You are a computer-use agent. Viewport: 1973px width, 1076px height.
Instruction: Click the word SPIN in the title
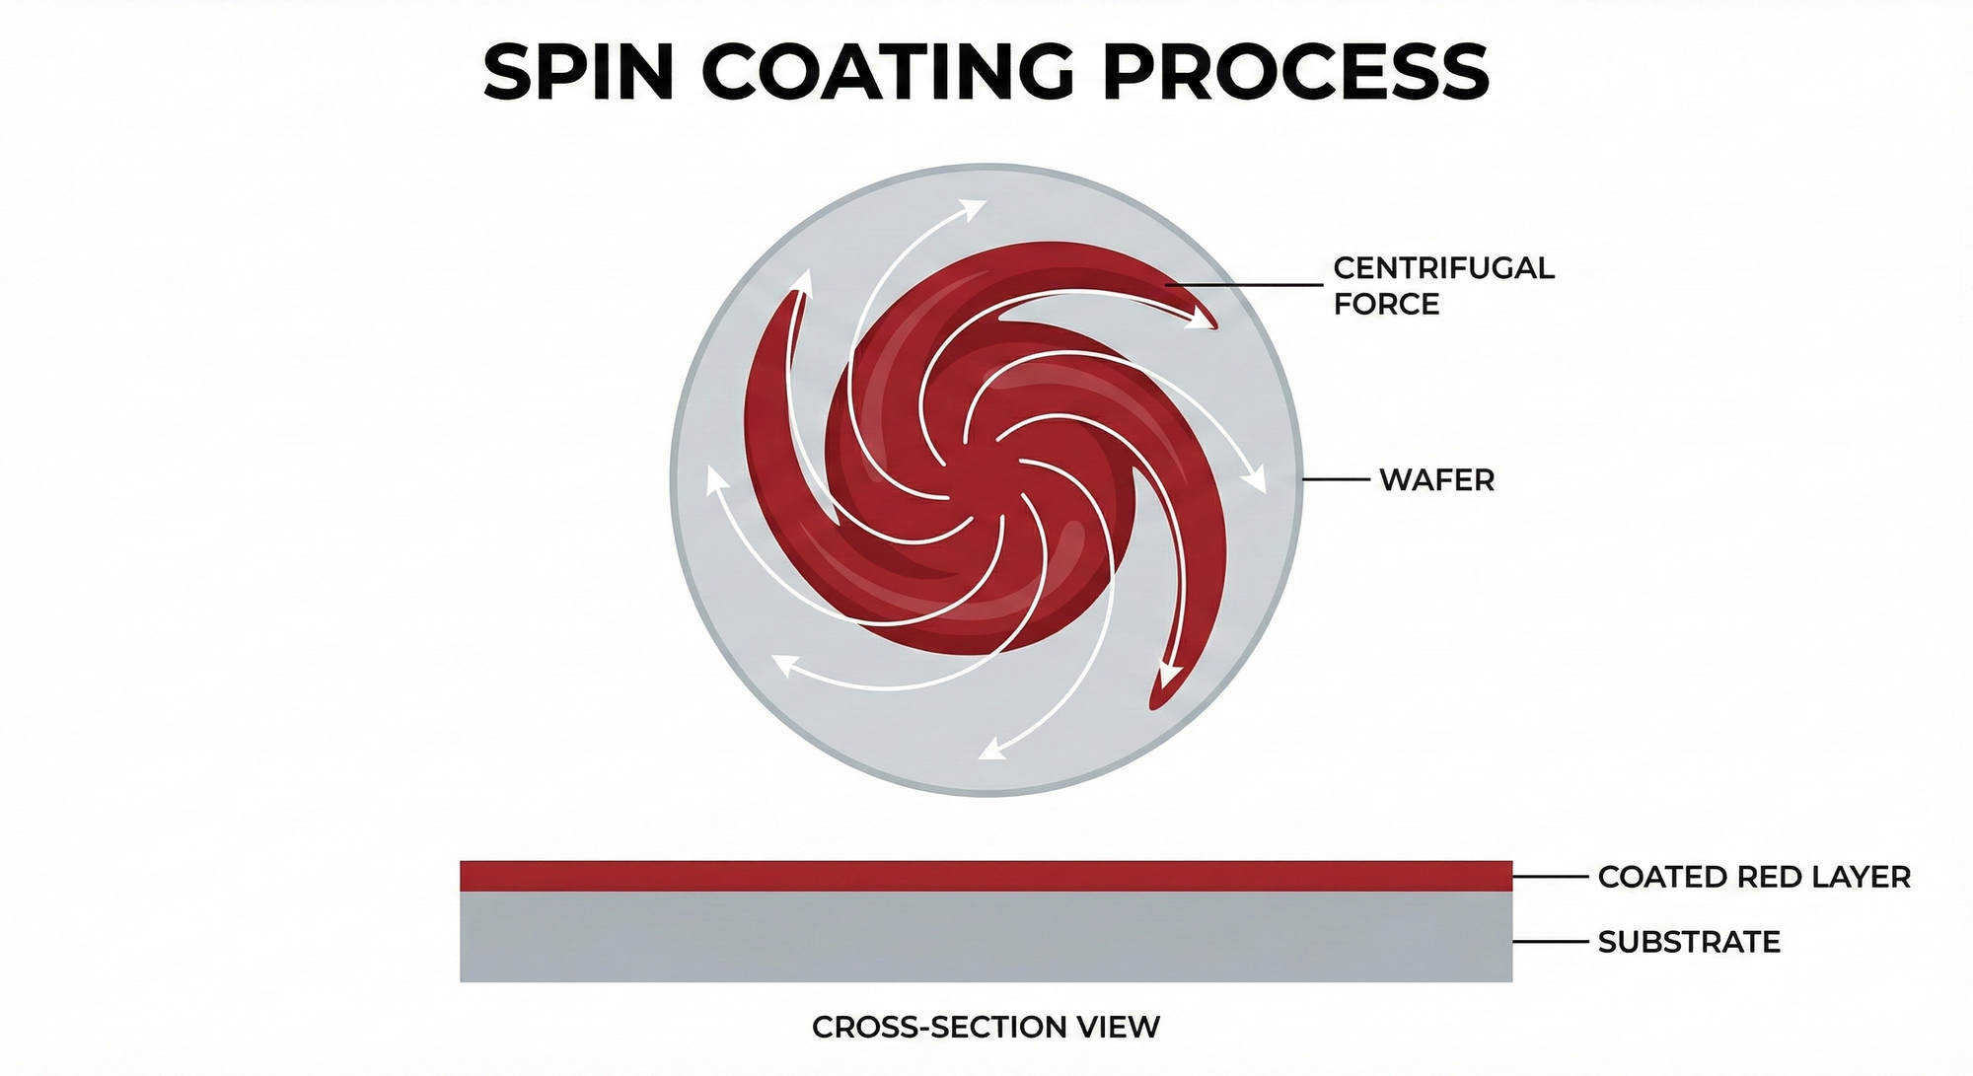[578, 72]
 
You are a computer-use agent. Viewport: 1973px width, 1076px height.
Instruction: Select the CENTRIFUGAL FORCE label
[1443, 286]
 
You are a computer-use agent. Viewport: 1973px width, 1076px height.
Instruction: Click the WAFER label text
[1436, 480]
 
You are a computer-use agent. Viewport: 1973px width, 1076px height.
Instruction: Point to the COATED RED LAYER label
[1754, 877]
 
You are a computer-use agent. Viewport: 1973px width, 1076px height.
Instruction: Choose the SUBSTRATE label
[1689, 942]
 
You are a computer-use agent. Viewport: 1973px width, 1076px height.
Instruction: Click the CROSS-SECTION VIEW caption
[986, 1028]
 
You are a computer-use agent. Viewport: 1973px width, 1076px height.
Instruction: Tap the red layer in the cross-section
[986, 876]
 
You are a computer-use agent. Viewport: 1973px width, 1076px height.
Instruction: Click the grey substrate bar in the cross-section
[986, 937]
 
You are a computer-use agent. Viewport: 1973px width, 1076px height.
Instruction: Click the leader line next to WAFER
[1337, 479]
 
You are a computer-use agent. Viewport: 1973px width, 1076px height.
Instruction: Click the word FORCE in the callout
[1386, 305]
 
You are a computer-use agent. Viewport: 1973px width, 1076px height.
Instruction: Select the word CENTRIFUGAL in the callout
[1443, 268]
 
